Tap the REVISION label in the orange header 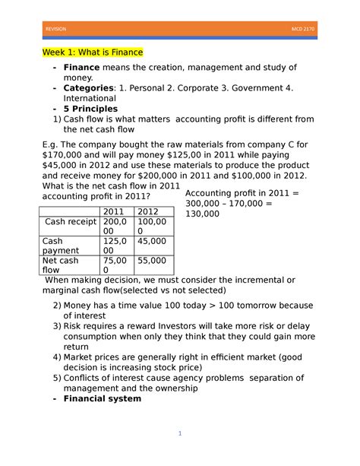(56, 29)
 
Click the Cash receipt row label (70, 222)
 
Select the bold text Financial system (102, 398)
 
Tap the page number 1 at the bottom (180, 433)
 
